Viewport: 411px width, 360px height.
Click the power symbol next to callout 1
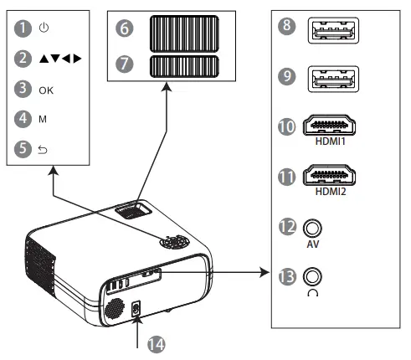point(44,28)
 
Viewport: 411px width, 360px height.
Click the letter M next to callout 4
point(43,118)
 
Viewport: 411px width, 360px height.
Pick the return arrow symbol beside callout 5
point(44,148)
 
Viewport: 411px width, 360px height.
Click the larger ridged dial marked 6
point(183,35)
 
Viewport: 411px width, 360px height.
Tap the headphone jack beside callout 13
point(315,275)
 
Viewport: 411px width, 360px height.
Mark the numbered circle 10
point(287,126)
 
